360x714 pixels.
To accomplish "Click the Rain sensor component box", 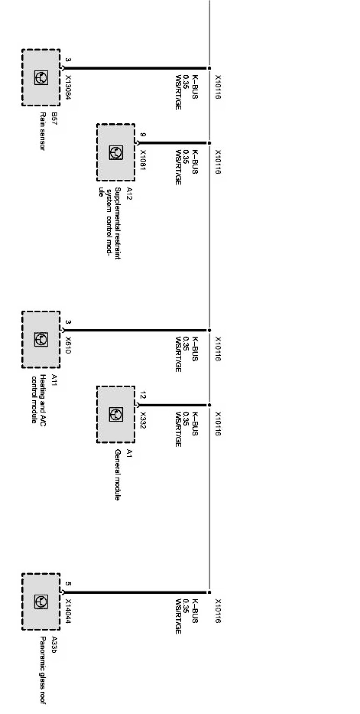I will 41,77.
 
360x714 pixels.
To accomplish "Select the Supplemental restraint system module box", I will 115,152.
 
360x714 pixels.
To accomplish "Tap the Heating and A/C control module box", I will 41,339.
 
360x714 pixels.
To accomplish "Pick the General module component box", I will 115,414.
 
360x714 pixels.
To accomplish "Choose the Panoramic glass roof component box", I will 41,602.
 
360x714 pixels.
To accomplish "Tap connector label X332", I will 143,420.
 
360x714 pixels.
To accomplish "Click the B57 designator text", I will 54,117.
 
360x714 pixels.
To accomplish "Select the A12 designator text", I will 129,192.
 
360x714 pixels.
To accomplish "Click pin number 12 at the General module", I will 143,395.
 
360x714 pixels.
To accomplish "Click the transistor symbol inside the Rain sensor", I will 41,78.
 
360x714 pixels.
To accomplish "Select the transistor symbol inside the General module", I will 116,414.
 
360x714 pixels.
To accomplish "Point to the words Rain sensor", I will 43,132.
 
